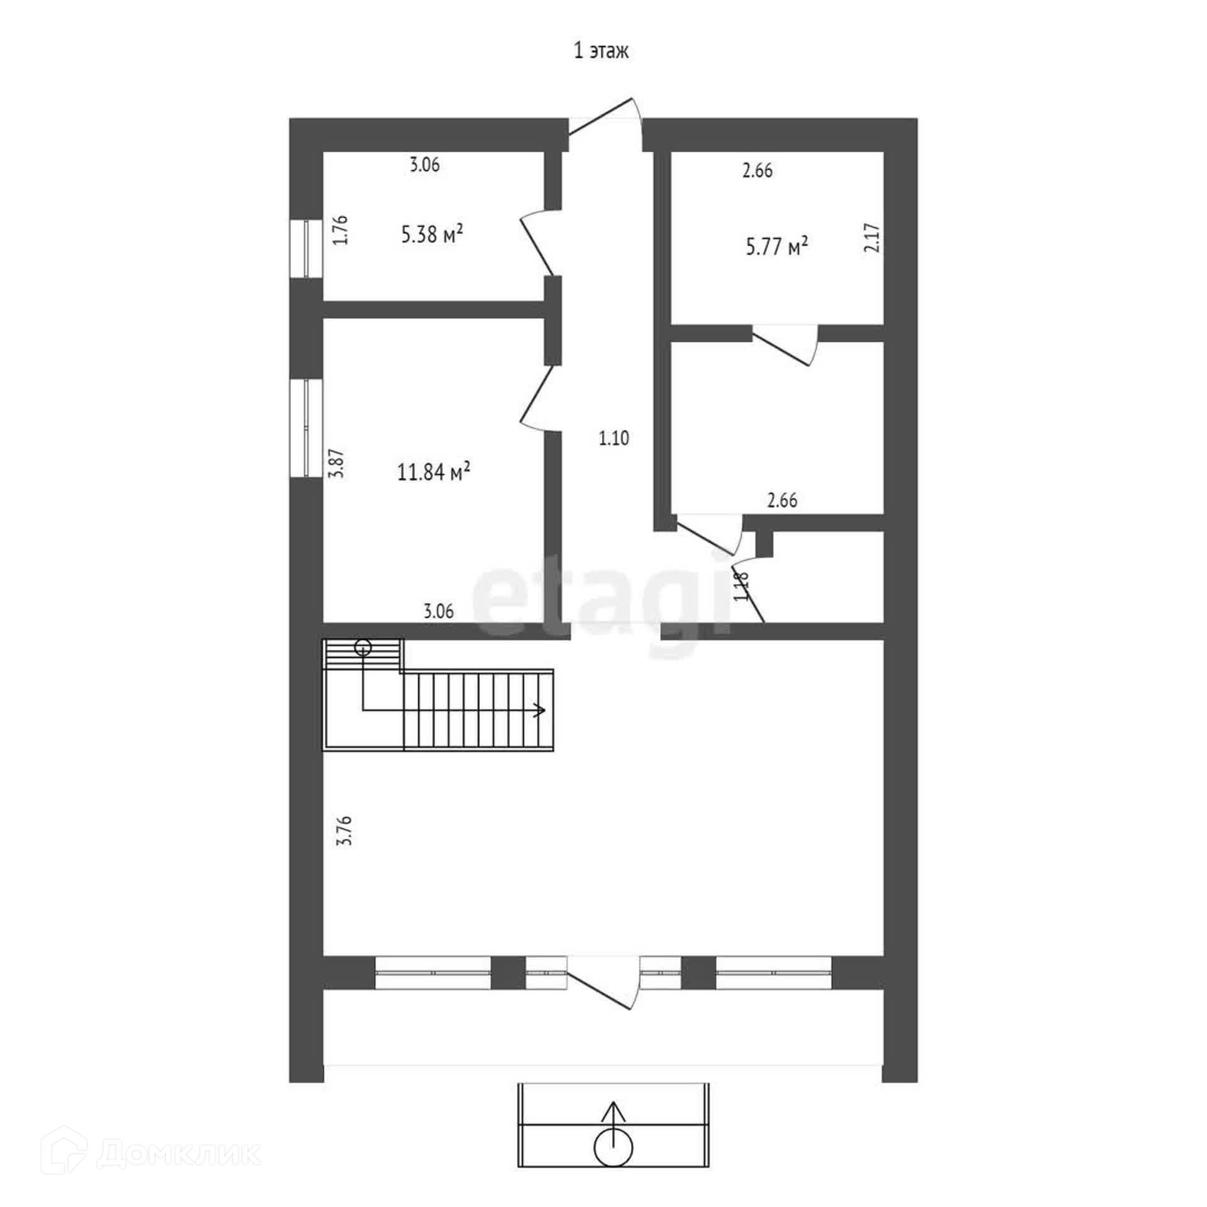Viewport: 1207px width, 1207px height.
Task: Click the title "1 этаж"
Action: click(601, 51)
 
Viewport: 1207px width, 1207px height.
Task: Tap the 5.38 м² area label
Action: click(433, 235)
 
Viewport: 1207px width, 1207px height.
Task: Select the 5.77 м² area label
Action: click(776, 246)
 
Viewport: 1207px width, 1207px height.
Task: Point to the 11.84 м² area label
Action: click(434, 471)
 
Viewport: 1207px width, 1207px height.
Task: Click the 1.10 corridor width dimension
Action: click(614, 438)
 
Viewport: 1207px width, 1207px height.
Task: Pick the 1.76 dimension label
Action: click(340, 230)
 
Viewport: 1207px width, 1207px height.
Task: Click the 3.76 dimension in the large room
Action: click(344, 831)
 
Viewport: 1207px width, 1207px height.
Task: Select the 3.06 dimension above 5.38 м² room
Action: click(425, 165)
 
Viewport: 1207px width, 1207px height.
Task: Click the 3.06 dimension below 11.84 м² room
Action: click(438, 611)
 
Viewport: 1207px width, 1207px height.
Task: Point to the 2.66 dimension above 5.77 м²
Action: click(758, 170)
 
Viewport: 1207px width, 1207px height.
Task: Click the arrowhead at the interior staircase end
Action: click(539, 711)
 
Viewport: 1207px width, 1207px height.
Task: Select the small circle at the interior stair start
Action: click(363, 647)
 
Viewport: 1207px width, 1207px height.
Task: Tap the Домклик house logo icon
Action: click(67, 1153)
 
